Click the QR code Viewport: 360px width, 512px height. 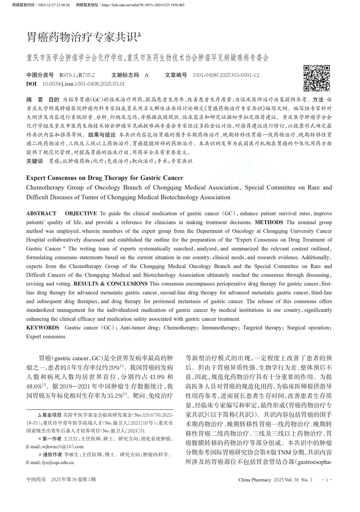pos(316,78)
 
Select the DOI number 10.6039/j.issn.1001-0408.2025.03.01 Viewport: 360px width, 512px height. pos(83,84)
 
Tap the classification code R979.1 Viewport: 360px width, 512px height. pos(67,75)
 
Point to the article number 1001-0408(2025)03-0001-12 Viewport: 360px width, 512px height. pos(226,75)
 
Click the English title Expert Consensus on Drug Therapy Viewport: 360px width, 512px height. pos(105,178)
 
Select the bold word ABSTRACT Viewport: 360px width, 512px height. pos(41,214)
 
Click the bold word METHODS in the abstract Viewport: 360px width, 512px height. pos(269,222)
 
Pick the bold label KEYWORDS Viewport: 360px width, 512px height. pos(43,328)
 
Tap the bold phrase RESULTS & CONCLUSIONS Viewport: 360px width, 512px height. pos(110,284)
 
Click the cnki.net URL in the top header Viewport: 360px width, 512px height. pos(143,5)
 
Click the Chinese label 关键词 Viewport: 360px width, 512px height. pos(35,161)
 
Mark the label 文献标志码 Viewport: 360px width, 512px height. pos(125,75)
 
